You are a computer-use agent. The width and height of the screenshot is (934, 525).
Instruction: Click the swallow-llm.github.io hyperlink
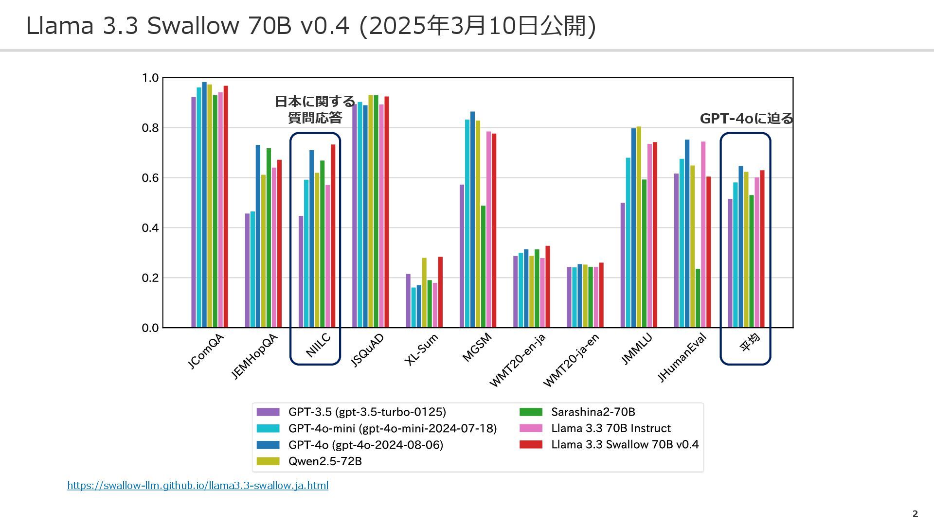pyautogui.click(x=198, y=486)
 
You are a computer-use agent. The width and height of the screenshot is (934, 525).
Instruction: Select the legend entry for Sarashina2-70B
pyautogui.click(x=593, y=412)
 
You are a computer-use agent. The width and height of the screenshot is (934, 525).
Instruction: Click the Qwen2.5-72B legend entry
pyautogui.click(x=324, y=461)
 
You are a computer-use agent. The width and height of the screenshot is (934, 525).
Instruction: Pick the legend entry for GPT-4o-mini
pyautogui.click(x=392, y=428)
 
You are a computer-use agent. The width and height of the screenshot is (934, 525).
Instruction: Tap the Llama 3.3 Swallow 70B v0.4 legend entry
pyautogui.click(x=625, y=444)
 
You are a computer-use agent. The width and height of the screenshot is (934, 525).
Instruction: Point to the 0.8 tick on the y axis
pyautogui.click(x=150, y=128)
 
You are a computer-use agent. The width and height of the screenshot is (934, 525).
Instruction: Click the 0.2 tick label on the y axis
pyautogui.click(x=150, y=278)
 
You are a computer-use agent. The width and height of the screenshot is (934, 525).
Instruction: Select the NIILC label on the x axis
pyautogui.click(x=318, y=346)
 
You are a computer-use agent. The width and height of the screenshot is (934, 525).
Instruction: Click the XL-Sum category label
pyautogui.click(x=421, y=350)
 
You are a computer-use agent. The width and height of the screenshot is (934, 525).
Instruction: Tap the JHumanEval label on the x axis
pyautogui.click(x=682, y=358)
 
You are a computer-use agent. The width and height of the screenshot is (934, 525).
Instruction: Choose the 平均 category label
pyautogui.click(x=749, y=342)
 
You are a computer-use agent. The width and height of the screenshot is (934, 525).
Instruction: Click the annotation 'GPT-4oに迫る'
pyautogui.click(x=746, y=119)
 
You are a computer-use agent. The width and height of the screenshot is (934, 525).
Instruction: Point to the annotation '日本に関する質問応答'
pyautogui.click(x=315, y=109)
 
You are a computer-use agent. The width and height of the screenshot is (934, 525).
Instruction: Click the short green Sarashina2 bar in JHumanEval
pyautogui.click(x=698, y=298)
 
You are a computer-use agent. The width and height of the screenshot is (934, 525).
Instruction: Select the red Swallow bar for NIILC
pyautogui.click(x=333, y=236)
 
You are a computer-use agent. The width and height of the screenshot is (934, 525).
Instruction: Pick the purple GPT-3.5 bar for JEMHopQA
pyautogui.click(x=247, y=270)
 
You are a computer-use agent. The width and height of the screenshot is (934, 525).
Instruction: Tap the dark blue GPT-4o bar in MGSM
pyautogui.click(x=472, y=219)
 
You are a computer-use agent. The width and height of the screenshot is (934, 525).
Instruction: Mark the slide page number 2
pyautogui.click(x=915, y=514)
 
